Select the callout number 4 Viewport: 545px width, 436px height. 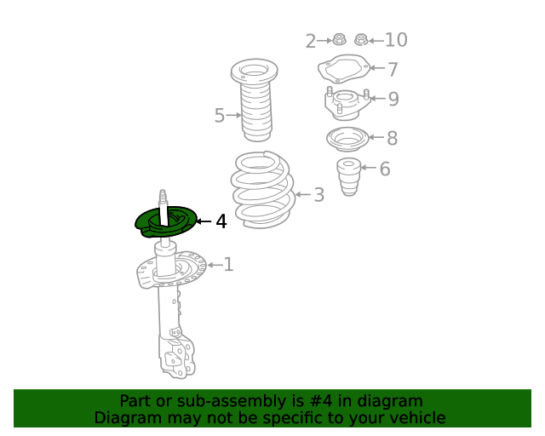tap(221, 221)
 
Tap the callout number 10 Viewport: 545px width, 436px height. tap(396, 40)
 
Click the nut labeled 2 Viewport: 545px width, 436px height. tap(339, 39)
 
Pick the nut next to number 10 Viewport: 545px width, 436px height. tap(361, 40)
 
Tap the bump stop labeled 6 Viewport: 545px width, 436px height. tap(349, 176)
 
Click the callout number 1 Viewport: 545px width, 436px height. tap(228, 265)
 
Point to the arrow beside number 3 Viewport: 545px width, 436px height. tap(303, 194)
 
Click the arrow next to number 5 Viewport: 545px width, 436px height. tap(234, 115)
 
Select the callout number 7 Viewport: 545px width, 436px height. tap(393, 69)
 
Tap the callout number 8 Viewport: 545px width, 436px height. tap(393, 138)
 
